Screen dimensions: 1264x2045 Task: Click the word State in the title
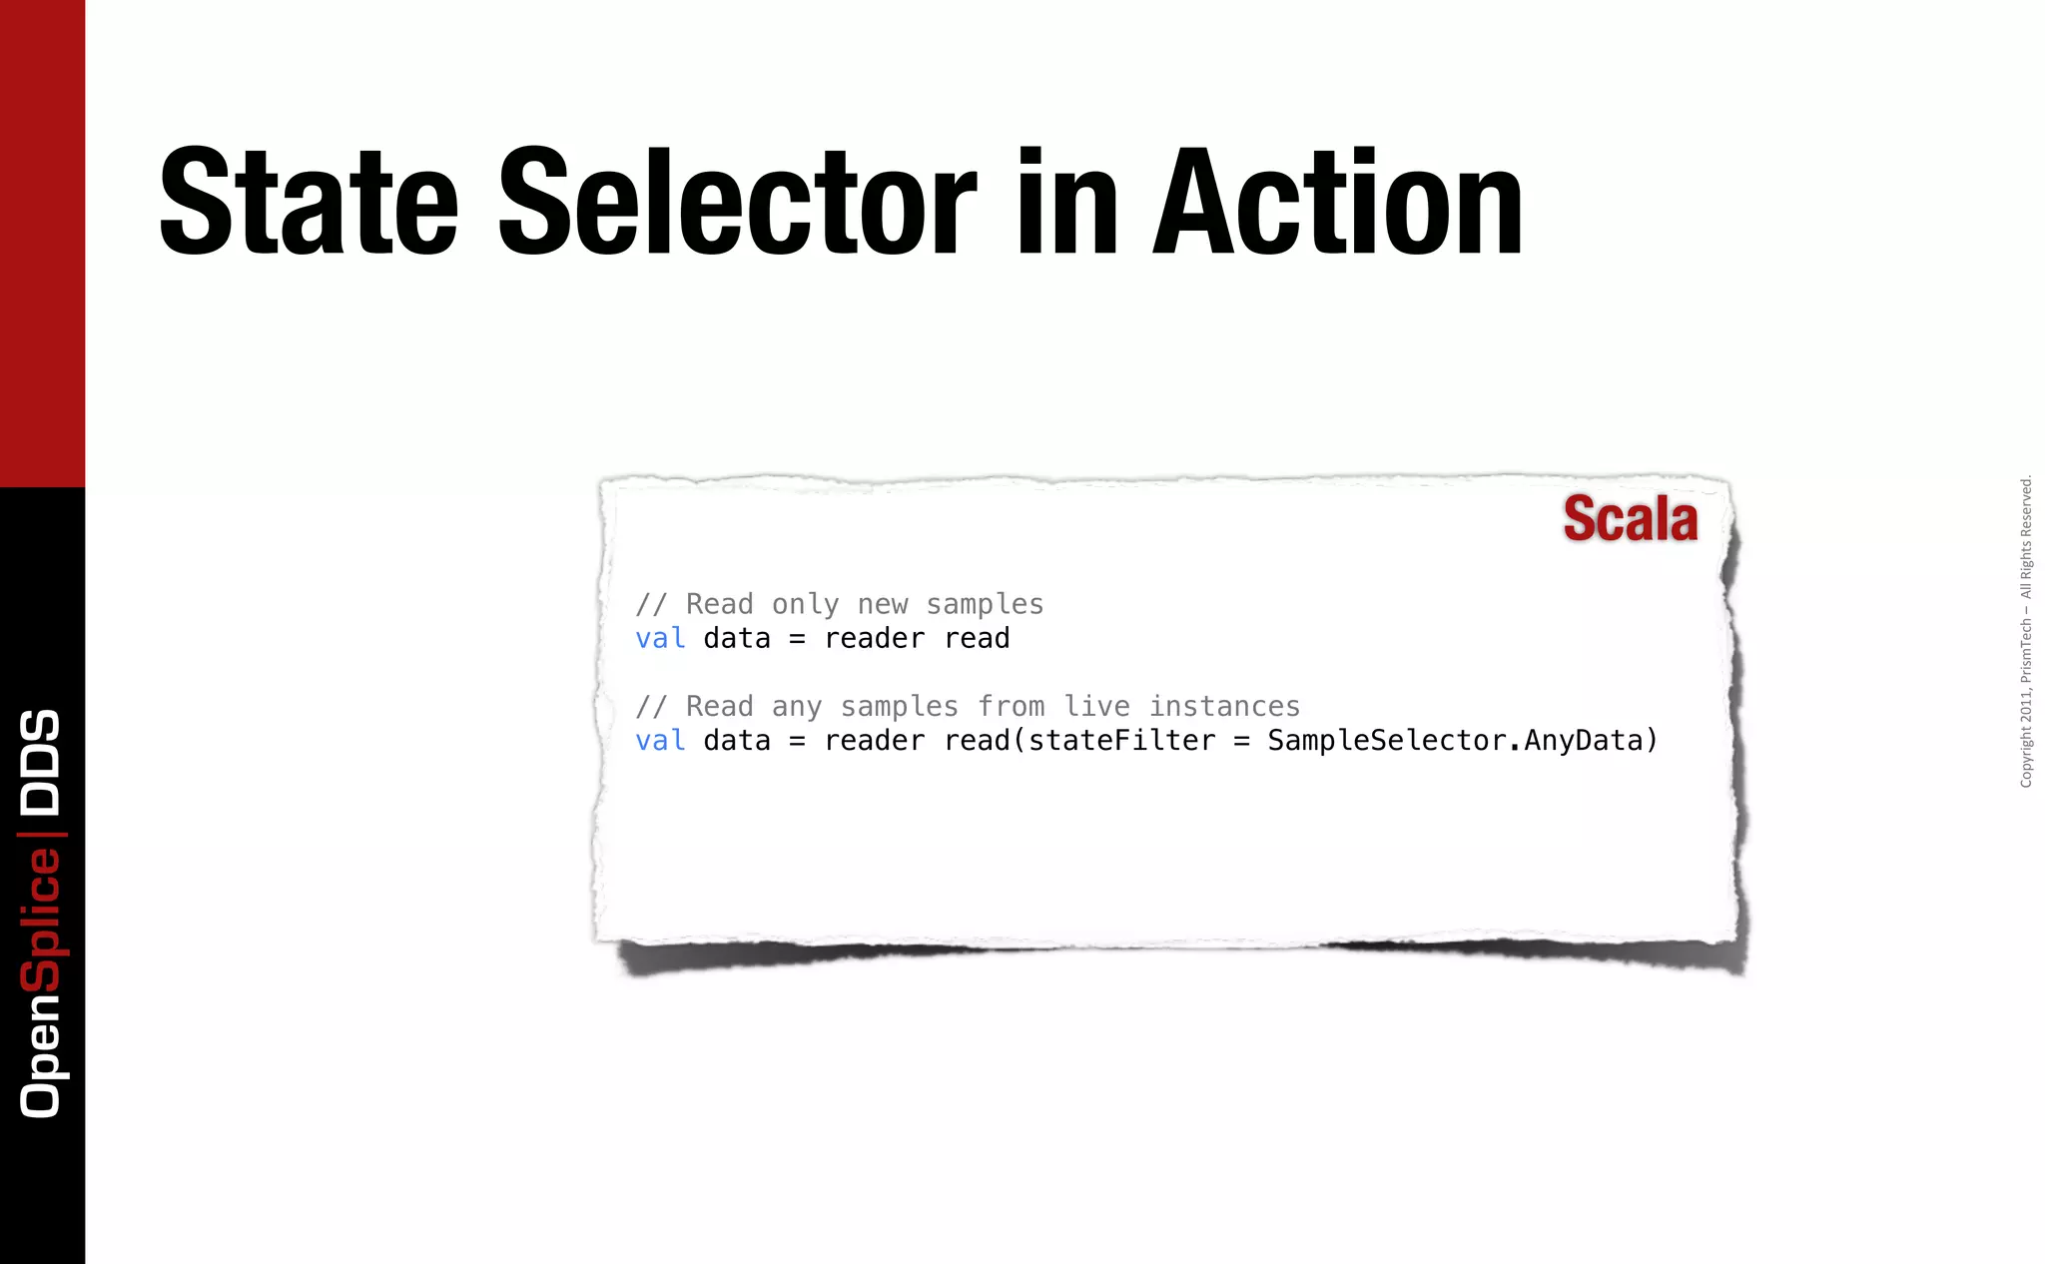coord(309,203)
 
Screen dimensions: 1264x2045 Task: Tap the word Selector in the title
coord(737,203)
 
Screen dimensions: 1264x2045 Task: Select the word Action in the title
coord(1338,203)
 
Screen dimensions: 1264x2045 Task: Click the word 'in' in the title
coord(1066,203)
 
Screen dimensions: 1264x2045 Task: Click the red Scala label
coord(1630,519)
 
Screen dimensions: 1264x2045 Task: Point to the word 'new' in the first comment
coord(883,604)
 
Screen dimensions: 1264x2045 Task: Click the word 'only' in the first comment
coord(805,604)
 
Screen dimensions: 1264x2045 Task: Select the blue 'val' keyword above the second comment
coord(660,638)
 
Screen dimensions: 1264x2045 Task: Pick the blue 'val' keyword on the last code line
coord(660,741)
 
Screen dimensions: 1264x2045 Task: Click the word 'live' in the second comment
coord(1096,707)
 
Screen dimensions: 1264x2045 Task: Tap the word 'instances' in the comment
coord(1224,707)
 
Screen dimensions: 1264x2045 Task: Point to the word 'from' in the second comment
coord(1011,707)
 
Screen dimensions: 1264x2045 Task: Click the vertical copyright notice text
coord(2025,631)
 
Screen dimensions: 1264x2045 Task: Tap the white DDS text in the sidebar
coord(41,762)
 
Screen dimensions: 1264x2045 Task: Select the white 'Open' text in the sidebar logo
coord(41,1055)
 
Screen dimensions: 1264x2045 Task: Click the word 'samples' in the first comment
coord(985,604)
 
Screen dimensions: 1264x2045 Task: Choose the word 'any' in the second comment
coord(796,707)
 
